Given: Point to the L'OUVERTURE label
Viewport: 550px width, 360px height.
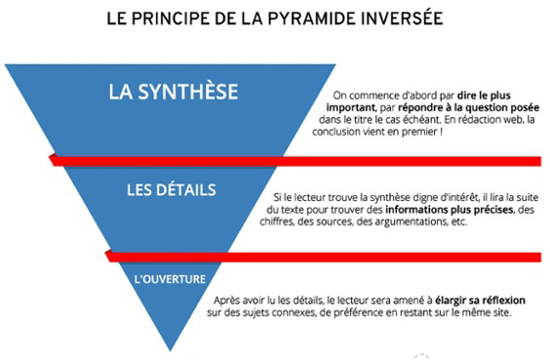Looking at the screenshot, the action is pyautogui.click(x=170, y=279).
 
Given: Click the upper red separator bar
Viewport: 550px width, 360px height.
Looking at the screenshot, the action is pyautogui.click(x=293, y=158).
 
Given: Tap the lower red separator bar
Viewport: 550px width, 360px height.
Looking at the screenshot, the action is pyautogui.click(x=322, y=257).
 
